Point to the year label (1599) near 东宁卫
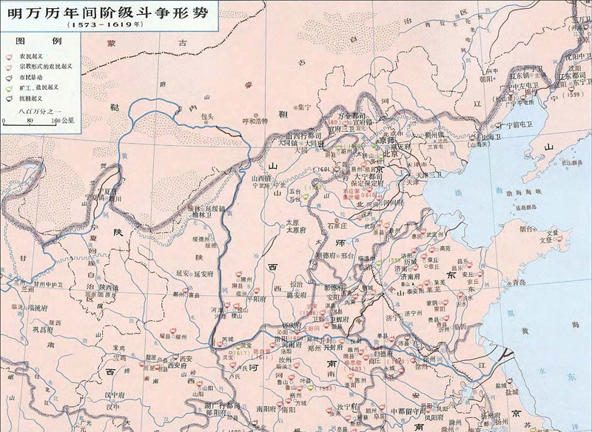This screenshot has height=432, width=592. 565,94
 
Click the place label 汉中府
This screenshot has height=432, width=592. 112,396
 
